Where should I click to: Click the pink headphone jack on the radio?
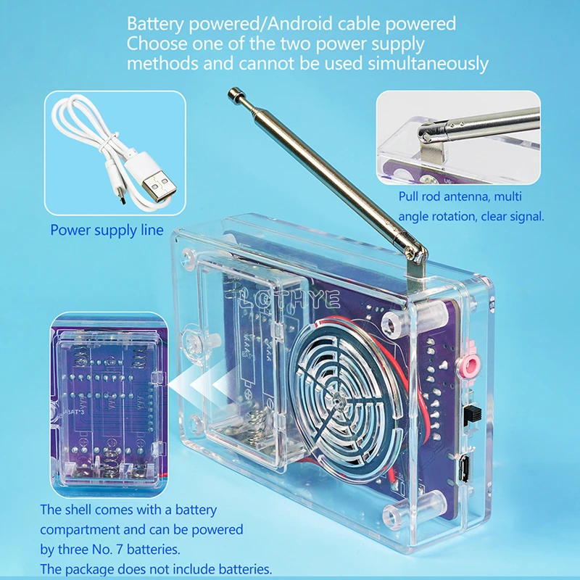tap(470, 365)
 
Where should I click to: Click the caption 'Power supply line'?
tap(107, 230)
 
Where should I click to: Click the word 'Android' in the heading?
tap(300, 24)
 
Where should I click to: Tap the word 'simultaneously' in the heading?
tap(428, 64)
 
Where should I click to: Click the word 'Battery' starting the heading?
tap(155, 25)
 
